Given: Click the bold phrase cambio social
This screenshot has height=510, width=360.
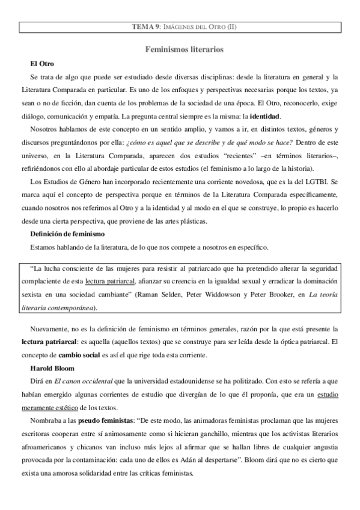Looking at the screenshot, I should click(76, 355).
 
